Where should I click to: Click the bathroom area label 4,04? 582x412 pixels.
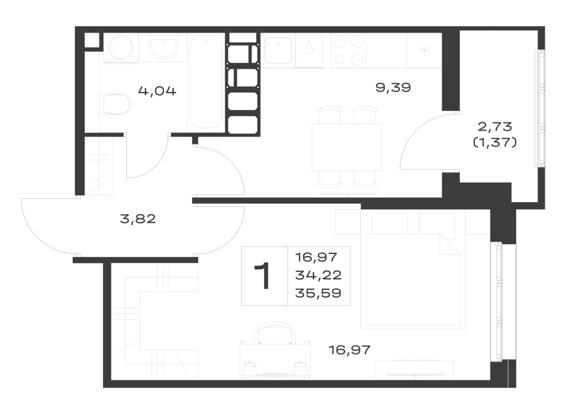157,91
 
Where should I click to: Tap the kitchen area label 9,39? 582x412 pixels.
393,87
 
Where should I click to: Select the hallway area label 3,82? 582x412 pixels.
138,219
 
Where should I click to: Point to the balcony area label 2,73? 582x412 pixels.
495,126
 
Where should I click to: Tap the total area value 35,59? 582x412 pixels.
318,293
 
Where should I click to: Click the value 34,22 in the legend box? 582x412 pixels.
318,275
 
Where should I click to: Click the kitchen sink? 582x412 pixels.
278,50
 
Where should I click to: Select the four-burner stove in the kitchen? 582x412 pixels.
349,50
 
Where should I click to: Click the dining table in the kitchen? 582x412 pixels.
347,147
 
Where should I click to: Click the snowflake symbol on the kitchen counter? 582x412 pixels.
424,51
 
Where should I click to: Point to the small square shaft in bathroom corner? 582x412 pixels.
92,40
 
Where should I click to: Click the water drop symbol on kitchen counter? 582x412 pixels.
309,50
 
